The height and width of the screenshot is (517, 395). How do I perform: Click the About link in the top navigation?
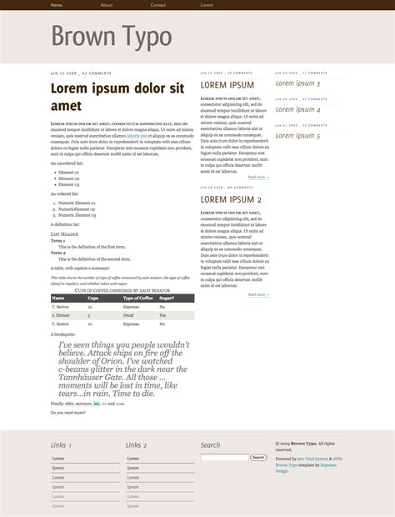coord(107,5)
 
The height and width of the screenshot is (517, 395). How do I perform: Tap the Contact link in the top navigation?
coord(157,5)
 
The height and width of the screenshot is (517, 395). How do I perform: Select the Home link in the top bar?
coord(56,5)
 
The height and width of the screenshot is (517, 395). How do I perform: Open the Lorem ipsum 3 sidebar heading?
coord(297,83)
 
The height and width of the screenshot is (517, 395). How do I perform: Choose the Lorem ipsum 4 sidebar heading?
coord(297,109)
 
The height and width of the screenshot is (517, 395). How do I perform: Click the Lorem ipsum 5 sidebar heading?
coord(297,136)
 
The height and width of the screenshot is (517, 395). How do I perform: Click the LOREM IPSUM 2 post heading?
coord(231,200)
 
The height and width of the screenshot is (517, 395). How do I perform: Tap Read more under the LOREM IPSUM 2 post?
coord(257,294)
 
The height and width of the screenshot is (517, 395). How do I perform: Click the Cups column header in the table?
coord(93,298)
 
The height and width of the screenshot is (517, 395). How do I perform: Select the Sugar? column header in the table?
coord(167,298)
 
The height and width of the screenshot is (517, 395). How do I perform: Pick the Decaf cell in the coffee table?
coord(128,316)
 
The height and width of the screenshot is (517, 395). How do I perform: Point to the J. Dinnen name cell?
coord(61,316)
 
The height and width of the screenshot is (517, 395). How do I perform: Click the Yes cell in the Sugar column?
coord(162,316)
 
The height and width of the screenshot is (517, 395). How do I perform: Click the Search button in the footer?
coord(258,457)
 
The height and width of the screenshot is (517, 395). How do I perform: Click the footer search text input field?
coord(224,457)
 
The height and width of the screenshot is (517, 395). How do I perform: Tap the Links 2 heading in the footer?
coord(136,445)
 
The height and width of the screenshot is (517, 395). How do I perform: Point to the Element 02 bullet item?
coord(68,178)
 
